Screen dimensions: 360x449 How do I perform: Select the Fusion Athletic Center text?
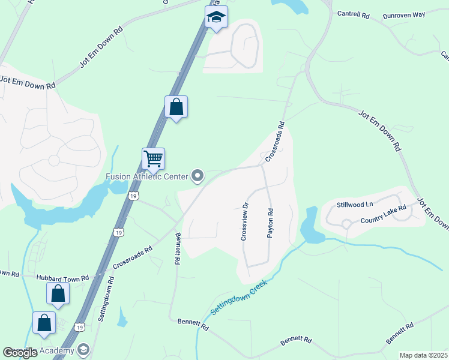pos(146,176)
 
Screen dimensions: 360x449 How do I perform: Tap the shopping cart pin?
pos(154,159)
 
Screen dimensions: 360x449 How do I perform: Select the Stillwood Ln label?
pos(355,205)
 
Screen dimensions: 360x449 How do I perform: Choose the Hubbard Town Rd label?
pos(62,278)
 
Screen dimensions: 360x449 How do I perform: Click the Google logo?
pos(20,353)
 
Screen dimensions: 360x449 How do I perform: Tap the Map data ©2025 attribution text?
pos(423,355)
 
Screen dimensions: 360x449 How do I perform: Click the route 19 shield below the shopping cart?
pos(133,196)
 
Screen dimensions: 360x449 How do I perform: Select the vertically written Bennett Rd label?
pos(177,250)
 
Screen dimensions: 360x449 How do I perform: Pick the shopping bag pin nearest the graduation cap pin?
pos(176,107)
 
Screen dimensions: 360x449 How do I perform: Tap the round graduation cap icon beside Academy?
pos(83,350)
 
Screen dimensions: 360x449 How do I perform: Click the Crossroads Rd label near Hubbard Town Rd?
pos(133,255)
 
